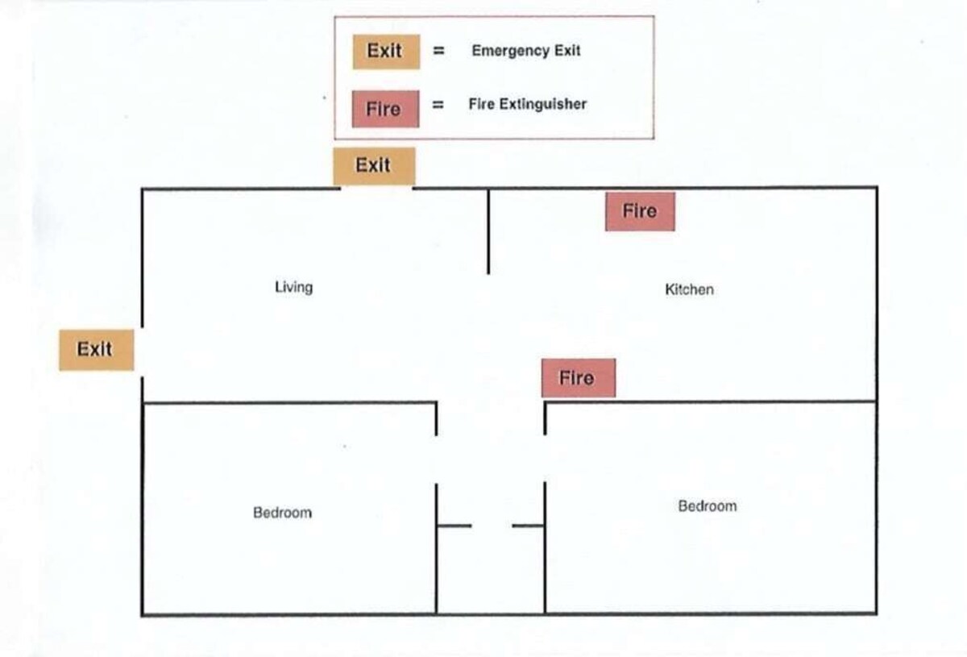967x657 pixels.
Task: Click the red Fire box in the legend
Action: [385, 109]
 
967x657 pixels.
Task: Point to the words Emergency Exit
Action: [526, 51]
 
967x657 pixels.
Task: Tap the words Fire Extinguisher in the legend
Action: [528, 104]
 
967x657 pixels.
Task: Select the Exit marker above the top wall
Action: [374, 166]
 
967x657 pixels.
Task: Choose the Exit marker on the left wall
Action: [96, 350]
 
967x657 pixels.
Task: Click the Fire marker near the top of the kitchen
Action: [640, 211]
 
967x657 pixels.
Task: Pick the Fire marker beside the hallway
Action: [578, 378]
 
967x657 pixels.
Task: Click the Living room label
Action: [293, 287]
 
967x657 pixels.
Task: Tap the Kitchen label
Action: [689, 289]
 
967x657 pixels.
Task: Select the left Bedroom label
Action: [282, 513]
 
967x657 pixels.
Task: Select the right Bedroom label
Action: [707, 506]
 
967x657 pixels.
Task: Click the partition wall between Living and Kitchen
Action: [488, 231]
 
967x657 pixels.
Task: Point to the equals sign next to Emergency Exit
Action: [439, 51]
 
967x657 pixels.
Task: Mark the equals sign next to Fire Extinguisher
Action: [439, 105]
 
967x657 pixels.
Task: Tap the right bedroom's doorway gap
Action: [545, 459]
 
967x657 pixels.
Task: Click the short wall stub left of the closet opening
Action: [454, 526]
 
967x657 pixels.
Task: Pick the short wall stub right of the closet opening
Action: [529, 526]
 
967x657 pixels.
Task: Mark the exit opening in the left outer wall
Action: [143, 352]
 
